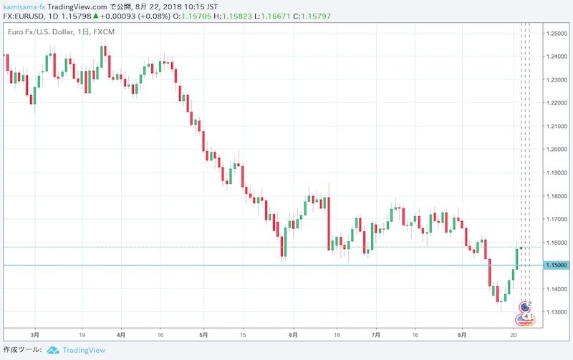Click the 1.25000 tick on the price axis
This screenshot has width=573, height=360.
pos(557,34)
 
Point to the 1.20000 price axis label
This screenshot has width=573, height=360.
pos(557,150)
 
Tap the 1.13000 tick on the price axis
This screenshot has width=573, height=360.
pos(557,312)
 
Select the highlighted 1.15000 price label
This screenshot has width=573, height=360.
pos(557,266)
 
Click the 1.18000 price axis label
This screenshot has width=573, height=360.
pos(557,196)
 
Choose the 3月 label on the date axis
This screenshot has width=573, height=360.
pos(35,334)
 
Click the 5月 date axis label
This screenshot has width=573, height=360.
pos(204,334)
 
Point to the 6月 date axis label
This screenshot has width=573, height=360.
pos(290,334)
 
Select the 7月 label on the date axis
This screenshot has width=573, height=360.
pos(376,334)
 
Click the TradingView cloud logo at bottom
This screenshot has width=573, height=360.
pos(53,350)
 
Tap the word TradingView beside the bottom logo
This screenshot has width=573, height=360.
pos(84,350)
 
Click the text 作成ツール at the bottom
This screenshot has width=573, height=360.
pos(22,350)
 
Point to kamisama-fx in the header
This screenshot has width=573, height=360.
pos(24,6)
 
